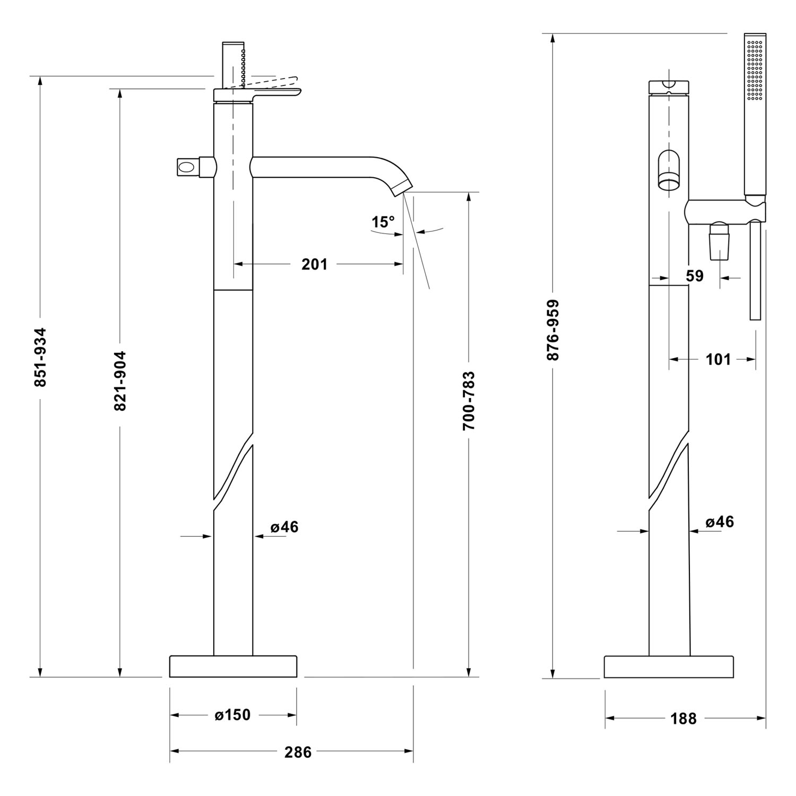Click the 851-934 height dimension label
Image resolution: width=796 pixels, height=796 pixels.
click(40, 357)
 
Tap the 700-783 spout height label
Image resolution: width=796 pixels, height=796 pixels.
click(469, 400)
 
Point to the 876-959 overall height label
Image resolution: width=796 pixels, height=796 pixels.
click(553, 330)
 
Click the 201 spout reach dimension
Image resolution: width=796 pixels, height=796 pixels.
click(315, 264)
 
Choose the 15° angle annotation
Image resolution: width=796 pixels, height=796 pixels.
click(383, 222)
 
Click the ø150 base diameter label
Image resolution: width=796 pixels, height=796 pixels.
click(232, 715)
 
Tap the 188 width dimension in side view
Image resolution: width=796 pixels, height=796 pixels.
click(683, 719)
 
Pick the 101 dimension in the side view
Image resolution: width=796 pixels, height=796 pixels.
click(719, 359)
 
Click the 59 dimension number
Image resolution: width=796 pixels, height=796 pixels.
click(695, 276)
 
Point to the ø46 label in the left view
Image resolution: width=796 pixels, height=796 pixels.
click(284, 527)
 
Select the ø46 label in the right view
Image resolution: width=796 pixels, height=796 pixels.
click(720, 522)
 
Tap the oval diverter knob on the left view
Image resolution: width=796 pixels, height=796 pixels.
click(187, 167)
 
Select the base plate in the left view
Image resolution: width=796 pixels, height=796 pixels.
click(233, 667)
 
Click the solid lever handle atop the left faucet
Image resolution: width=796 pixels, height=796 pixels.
click(258, 94)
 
